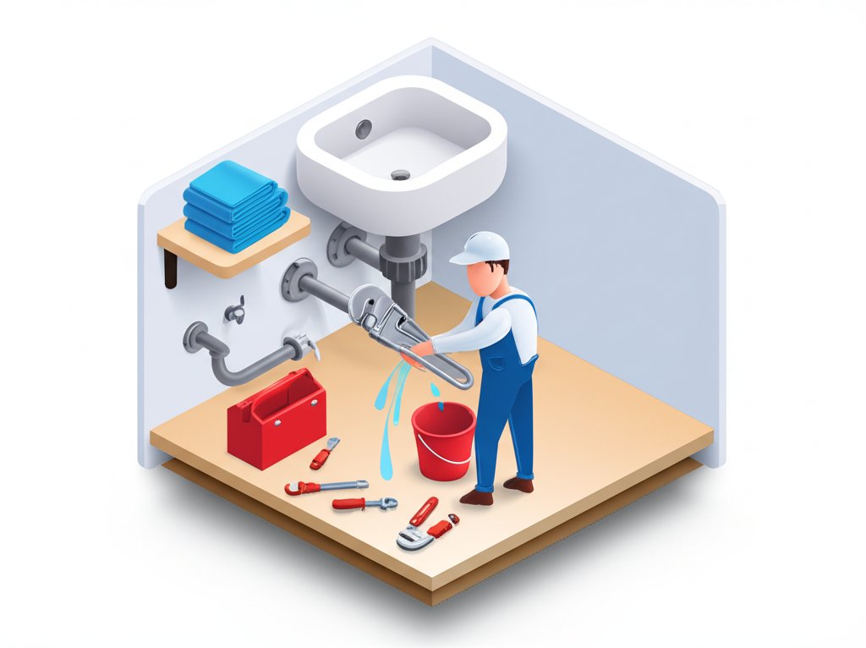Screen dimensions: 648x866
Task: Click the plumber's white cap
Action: click(482, 248)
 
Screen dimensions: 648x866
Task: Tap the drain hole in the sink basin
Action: click(400, 175)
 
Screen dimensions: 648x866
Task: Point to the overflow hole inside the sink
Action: click(364, 129)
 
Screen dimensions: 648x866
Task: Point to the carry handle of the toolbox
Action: click(275, 393)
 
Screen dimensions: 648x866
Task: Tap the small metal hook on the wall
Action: click(235, 310)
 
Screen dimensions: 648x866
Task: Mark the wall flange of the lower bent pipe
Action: click(195, 336)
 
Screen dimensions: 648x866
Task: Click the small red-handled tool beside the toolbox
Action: click(324, 453)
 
